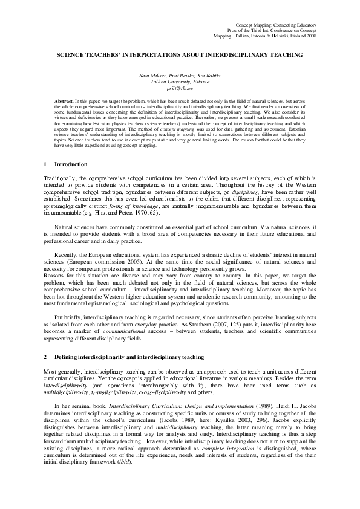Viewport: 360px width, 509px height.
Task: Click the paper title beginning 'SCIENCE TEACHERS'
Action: pos(180,54)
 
